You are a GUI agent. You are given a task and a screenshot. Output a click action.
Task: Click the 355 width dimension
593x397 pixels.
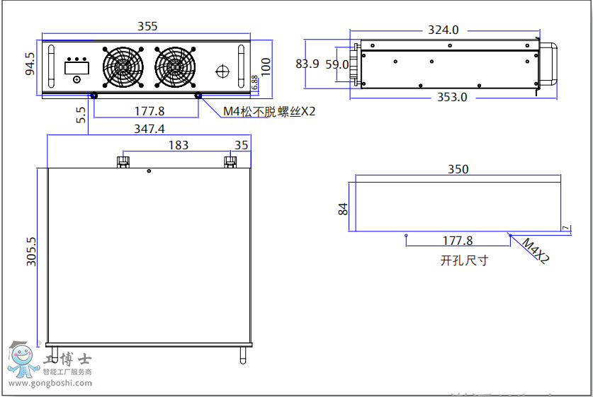147,26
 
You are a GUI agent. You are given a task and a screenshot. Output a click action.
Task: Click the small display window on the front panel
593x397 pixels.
76,67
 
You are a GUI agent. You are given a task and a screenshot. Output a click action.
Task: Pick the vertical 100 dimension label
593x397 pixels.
266,66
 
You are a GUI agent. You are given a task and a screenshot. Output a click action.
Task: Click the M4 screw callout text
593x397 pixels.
269,111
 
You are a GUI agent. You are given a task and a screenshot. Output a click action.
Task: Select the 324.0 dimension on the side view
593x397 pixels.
444,30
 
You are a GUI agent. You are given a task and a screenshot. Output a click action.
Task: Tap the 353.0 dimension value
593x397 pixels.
451,97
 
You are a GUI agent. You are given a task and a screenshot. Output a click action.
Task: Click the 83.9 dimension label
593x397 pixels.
307,64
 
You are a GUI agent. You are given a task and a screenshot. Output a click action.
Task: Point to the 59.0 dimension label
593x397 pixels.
337,64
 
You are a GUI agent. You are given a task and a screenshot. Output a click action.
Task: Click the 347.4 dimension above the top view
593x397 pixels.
149,129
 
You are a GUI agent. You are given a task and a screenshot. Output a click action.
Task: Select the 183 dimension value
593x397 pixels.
179,145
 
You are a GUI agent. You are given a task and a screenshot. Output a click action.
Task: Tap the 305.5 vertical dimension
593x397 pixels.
31,251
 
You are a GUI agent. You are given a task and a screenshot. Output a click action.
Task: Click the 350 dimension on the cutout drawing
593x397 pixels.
458,170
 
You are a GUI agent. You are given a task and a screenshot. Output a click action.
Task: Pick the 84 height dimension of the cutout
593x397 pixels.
344,209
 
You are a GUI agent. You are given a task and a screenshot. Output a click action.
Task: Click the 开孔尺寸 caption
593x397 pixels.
464,260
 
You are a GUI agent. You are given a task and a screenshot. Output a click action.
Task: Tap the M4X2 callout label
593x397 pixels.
536,251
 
